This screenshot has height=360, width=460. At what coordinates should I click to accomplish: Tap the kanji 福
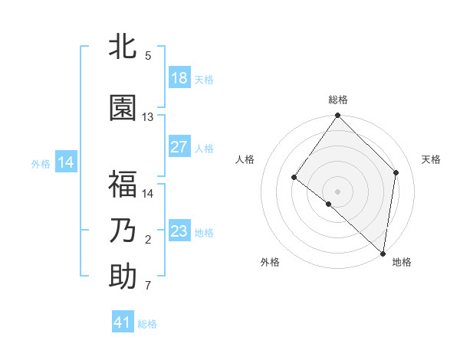123,185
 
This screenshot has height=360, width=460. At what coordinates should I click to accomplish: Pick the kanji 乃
123,231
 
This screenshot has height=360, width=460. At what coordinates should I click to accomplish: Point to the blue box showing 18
179,78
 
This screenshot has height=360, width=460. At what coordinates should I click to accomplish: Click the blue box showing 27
179,147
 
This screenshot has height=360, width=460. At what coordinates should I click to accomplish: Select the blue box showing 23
179,231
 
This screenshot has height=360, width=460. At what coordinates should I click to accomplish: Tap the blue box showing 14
66,162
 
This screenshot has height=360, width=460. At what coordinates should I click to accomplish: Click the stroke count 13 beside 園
148,117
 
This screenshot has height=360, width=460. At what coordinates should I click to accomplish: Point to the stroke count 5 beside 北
148,55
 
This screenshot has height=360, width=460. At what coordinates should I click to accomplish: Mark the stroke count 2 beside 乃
148,240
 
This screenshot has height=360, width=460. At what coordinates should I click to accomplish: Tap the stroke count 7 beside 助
148,286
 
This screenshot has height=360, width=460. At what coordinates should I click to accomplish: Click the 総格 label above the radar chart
338,100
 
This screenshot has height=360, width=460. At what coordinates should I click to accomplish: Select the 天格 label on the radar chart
432,159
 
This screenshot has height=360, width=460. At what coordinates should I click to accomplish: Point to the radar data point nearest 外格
328,204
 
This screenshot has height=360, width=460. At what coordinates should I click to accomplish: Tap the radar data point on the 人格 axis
294,178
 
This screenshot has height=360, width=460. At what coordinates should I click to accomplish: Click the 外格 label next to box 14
41,163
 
